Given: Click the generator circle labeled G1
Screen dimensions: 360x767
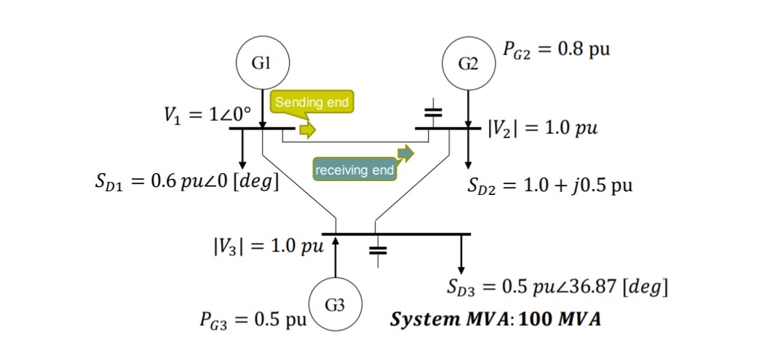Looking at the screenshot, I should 262,63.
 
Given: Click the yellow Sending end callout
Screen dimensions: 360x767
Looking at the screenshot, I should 311,103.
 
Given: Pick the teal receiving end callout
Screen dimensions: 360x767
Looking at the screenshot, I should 354,170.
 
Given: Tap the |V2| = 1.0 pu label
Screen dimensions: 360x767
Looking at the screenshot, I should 541,128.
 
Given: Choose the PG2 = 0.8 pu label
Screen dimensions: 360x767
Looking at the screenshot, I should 555,49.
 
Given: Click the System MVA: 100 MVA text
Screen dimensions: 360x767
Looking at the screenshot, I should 496,319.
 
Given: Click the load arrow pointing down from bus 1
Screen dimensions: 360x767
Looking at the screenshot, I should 242,149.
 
